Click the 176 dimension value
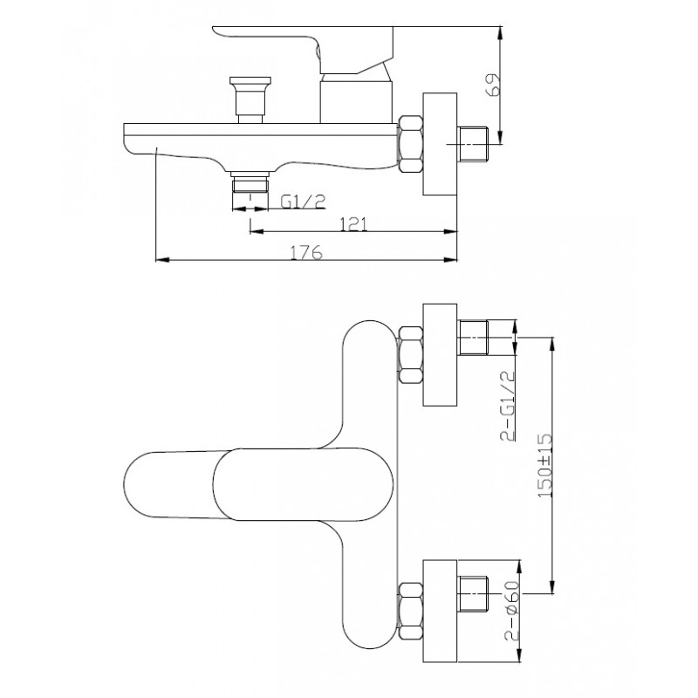306,252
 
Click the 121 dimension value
354,224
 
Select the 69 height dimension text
494,85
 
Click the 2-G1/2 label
508,406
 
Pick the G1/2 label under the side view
303,202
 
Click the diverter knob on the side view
250,99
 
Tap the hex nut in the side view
410,143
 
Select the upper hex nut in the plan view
410,354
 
